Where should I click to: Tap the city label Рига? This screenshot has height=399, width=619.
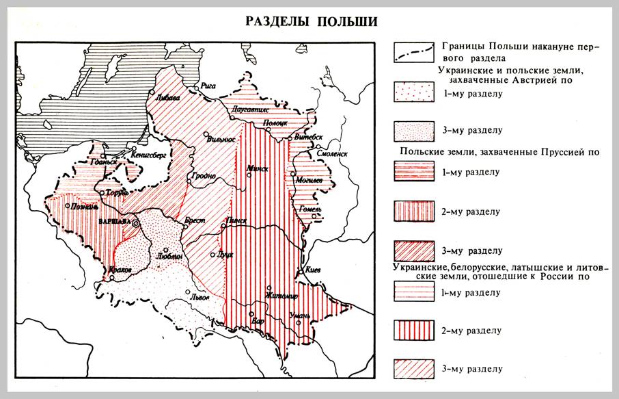point(208,86)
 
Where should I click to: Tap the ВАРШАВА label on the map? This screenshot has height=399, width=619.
point(115,224)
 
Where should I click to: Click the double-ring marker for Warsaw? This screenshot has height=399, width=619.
point(136,223)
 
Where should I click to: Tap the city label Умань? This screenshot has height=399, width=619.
point(300,315)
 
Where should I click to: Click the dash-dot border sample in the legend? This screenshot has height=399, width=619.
point(414,51)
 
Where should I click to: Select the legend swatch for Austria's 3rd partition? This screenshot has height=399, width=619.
point(414,129)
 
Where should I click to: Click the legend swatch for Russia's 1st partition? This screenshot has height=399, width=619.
point(414,292)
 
